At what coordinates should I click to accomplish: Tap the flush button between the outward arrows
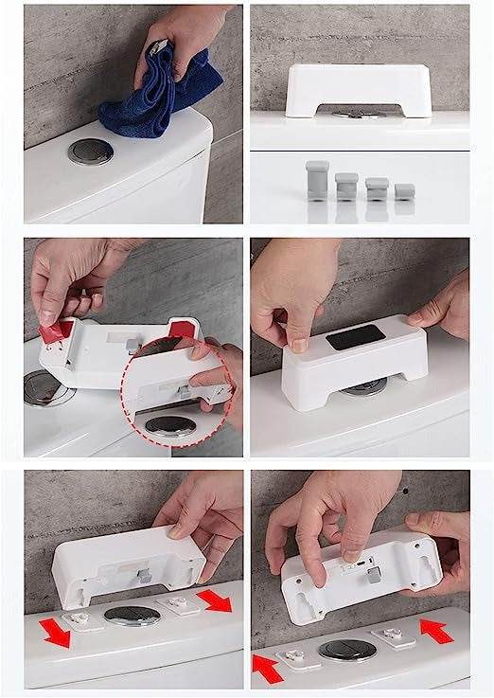point(130,616)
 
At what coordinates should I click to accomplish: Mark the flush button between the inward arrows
point(342,650)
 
